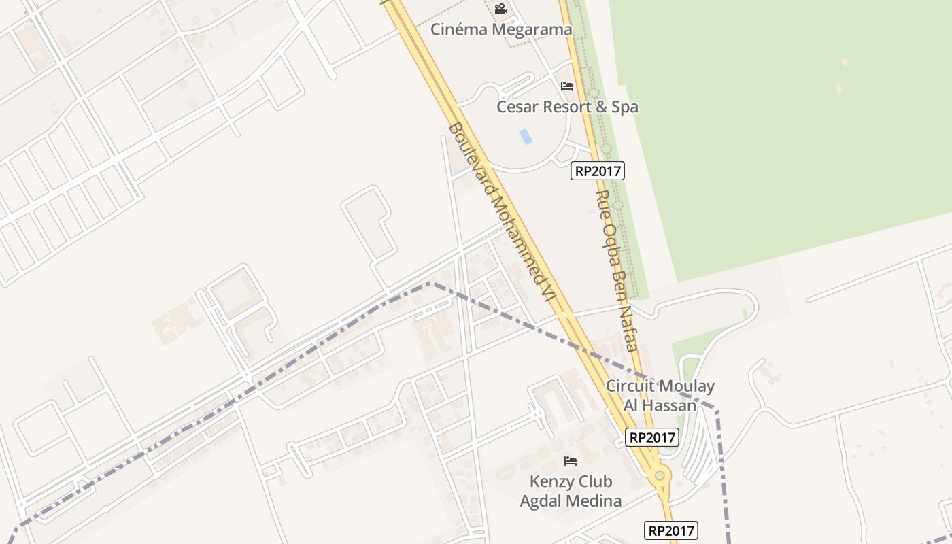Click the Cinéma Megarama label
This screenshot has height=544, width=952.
(x=501, y=30)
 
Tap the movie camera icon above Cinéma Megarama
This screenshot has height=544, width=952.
(x=500, y=10)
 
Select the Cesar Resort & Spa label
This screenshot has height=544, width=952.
(x=567, y=107)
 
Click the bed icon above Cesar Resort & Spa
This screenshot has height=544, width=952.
(x=567, y=86)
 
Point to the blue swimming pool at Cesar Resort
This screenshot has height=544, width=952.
(x=526, y=136)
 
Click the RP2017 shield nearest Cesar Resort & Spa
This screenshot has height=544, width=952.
(x=598, y=171)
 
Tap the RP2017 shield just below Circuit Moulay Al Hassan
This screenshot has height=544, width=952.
(x=652, y=437)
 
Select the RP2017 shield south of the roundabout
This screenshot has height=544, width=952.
(x=670, y=530)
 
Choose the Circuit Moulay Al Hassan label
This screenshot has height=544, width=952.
(x=660, y=396)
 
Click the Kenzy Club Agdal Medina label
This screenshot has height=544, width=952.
(x=571, y=491)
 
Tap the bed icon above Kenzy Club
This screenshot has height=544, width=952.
(x=571, y=461)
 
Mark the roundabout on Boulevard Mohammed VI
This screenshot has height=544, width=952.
(x=659, y=476)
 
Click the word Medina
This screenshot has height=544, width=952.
(x=596, y=502)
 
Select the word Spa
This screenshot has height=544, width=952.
(x=624, y=107)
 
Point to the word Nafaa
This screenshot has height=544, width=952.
(x=628, y=333)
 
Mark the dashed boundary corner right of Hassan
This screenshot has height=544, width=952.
(x=716, y=409)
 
